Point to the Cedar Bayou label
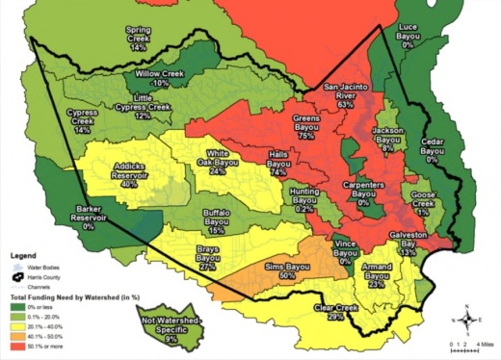pyautogui.click(x=435, y=152)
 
